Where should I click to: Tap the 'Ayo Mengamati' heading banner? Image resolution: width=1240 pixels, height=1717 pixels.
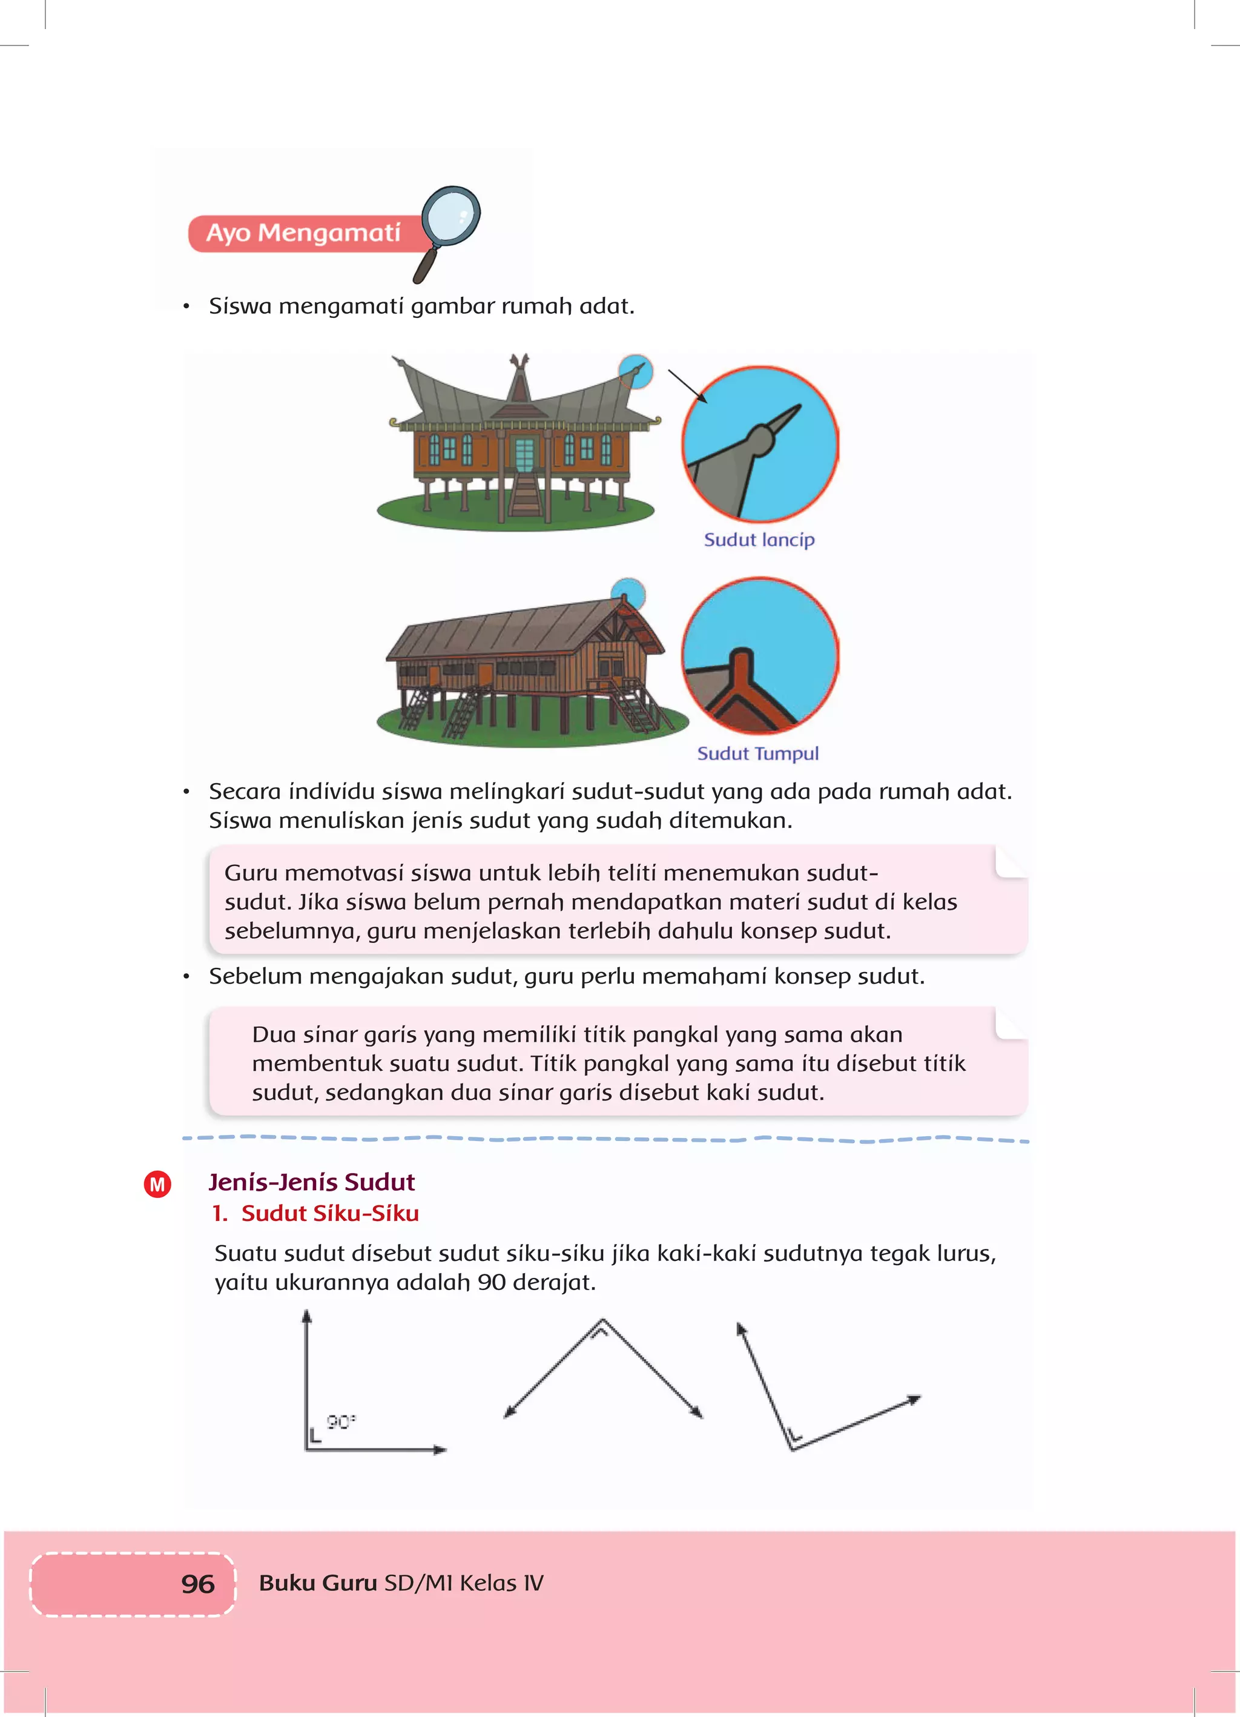click(x=303, y=233)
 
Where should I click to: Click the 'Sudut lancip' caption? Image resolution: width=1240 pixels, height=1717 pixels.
click(x=759, y=540)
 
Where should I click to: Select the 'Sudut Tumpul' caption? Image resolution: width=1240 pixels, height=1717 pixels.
click(x=758, y=753)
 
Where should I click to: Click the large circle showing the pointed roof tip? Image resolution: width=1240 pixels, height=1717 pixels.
click(x=760, y=445)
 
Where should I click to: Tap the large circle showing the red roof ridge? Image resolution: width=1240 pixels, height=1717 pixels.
click(x=760, y=655)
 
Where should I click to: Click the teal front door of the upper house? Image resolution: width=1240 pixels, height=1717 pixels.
click(x=524, y=454)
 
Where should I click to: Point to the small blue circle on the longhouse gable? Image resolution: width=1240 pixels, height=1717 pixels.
click(x=628, y=593)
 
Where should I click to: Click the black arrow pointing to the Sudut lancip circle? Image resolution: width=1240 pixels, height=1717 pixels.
click(x=687, y=387)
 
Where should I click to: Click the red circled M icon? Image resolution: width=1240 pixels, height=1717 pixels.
click(x=157, y=1184)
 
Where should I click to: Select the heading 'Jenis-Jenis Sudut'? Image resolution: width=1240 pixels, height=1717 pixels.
click(x=311, y=1182)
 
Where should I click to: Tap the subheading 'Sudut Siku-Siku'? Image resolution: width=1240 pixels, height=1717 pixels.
click(x=329, y=1214)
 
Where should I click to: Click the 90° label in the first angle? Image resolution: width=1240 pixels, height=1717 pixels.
click(x=341, y=1422)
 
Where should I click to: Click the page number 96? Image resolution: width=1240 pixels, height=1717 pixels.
click(x=197, y=1584)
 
